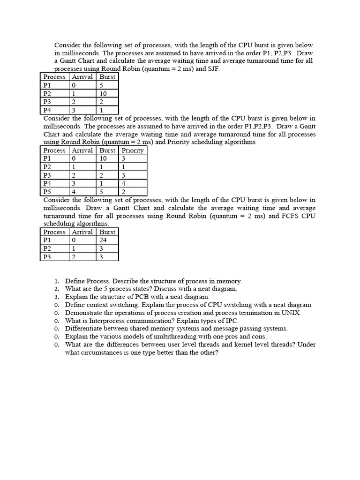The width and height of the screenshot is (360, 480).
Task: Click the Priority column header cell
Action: [133, 150]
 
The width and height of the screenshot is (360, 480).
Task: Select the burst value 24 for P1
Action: [103, 240]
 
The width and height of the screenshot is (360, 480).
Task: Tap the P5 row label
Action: [47, 192]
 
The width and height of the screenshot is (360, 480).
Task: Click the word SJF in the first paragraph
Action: [213, 68]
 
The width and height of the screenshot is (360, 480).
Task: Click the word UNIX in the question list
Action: [291, 313]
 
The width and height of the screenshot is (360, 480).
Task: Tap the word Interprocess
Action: [103, 321]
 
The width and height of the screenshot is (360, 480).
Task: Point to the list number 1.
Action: [56, 281]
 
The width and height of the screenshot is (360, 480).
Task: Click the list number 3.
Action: [56, 297]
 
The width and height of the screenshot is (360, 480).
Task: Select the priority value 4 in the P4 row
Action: [123, 183]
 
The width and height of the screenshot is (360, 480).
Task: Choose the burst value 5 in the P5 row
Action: [102, 192]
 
